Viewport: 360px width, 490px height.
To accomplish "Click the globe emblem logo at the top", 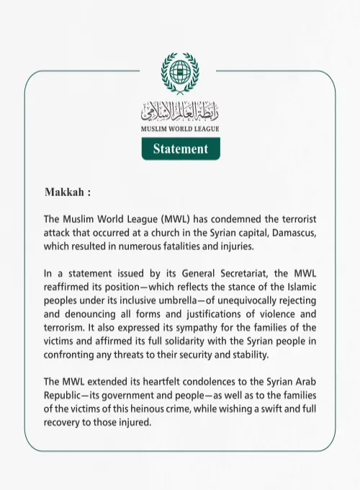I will [x=180, y=73].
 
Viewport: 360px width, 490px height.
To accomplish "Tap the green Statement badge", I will [x=180, y=149].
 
